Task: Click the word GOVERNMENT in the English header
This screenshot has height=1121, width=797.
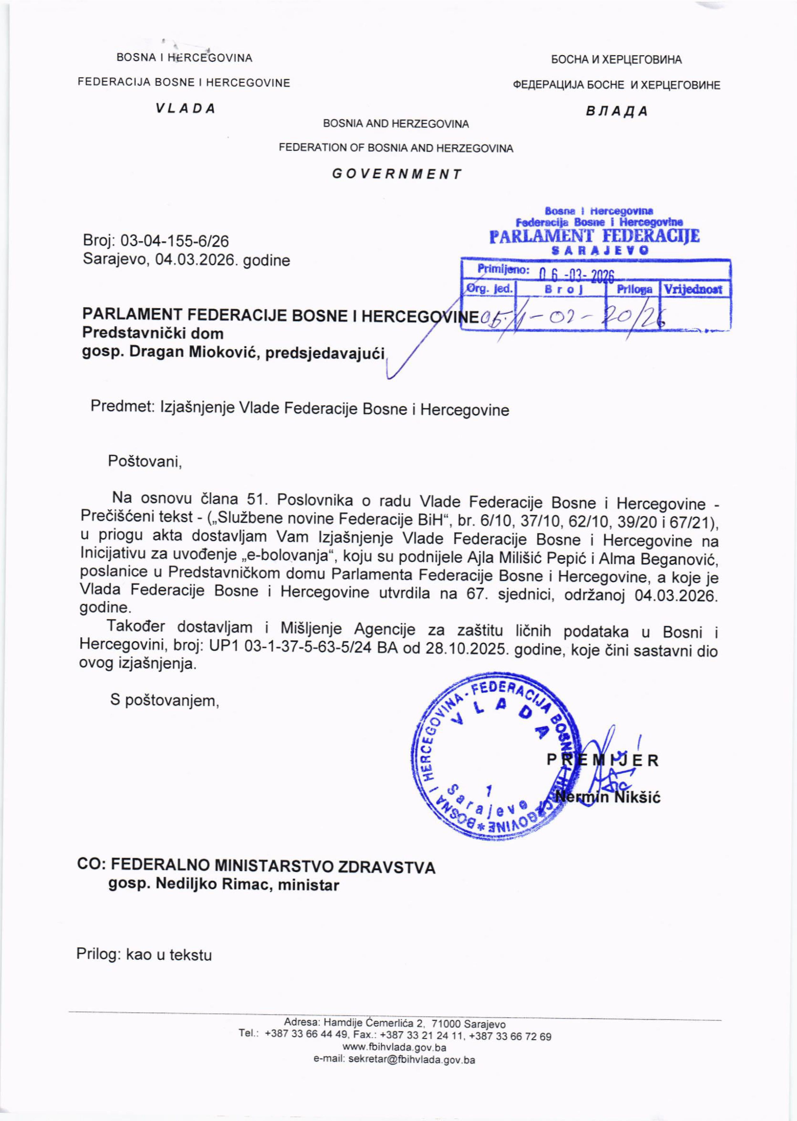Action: click(x=397, y=174)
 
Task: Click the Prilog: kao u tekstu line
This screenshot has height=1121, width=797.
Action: click(x=144, y=955)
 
